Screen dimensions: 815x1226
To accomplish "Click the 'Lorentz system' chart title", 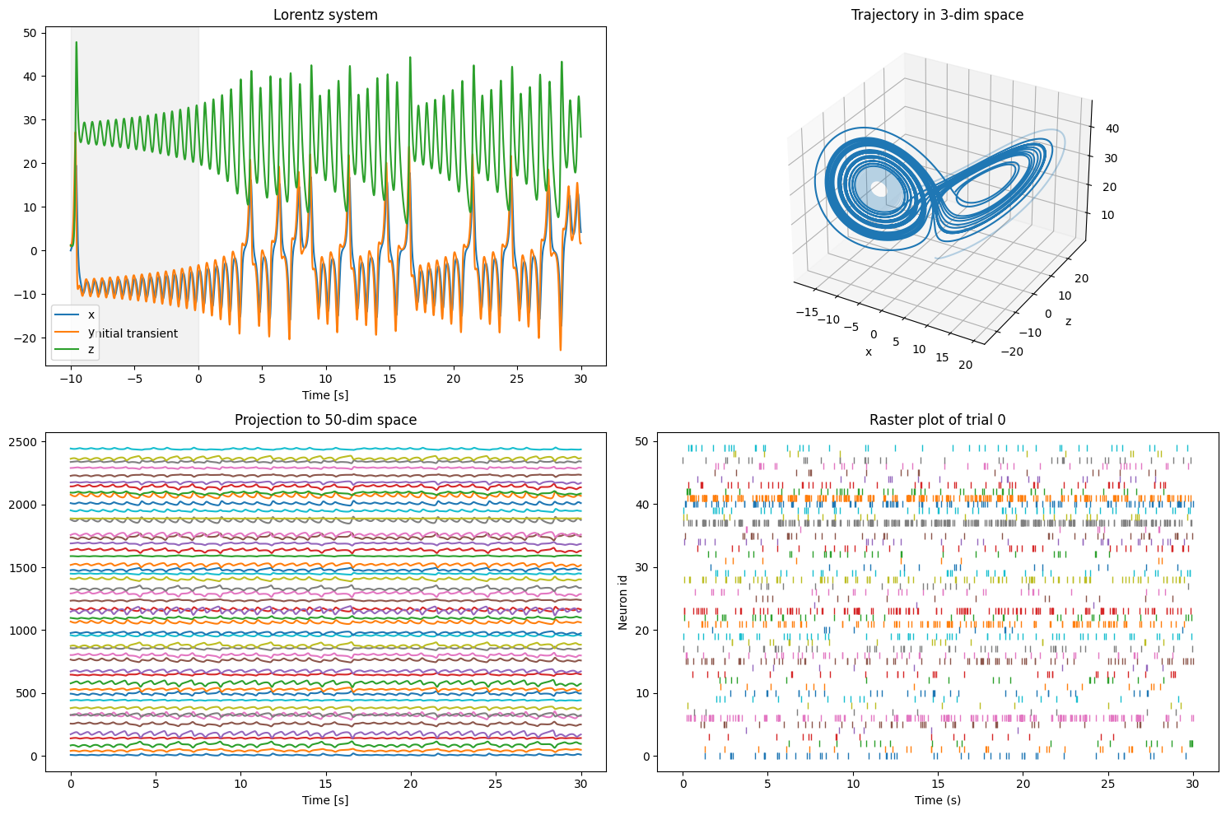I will click(x=325, y=15).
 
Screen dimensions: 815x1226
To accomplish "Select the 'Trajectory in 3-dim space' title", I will click(x=937, y=15).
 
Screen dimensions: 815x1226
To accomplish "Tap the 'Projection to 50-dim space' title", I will click(x=325, y=420).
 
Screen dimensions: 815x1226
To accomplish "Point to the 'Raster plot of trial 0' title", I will click(x=937, y=420).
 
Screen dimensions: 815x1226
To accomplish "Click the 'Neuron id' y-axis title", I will click(x=623, y=603).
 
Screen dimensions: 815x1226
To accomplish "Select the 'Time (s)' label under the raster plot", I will click(x=937, y=799).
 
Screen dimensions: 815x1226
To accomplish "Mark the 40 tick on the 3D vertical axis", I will click(x=1113, y=128).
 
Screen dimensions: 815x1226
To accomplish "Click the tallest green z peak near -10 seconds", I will click(x=77, y=43).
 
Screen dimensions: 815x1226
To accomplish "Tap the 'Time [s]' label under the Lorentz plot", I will click(x=325, y=395).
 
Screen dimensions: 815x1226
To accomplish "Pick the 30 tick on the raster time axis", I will click(x=1193, y=785).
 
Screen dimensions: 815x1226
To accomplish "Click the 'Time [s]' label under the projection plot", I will click(x=325, y=799).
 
